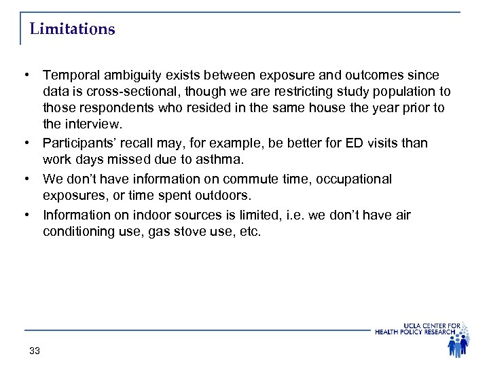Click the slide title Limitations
[73, 30]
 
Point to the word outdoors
[221, 196]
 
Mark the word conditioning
[78, 231]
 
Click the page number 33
[35, 351]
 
